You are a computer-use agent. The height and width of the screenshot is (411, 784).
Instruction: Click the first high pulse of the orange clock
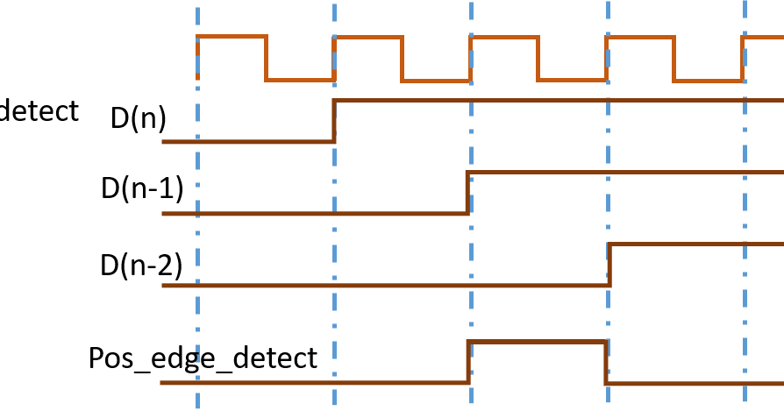click(x=232, y=37)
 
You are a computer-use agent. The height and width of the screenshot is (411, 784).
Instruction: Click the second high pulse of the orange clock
click(x=367, y=37)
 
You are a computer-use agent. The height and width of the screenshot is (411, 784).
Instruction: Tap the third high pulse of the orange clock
click(x=504, y=37)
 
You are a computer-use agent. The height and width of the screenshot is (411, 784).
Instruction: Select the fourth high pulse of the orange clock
click(x=640, y=37)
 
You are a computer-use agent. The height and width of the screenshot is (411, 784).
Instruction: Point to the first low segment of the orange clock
click(x=300, y=80)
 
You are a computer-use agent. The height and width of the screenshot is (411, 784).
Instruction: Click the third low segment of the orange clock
click(x=572, y=80)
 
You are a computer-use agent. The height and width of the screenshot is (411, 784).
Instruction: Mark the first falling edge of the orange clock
click(x=266, y=59)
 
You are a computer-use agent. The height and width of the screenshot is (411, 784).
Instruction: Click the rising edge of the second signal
click(x=334, y=121)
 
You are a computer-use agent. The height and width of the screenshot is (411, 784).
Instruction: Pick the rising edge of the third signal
click(x=467, y=193)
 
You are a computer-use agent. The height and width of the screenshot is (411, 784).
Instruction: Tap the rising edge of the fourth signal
click(x=609, y=265)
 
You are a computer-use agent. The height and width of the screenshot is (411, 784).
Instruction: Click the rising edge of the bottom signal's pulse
click(x=468, y=362)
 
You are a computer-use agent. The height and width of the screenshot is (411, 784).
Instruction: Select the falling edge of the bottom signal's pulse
click(x=605, y=362)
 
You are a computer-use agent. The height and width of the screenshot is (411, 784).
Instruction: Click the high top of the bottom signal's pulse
click(x=536, y=342)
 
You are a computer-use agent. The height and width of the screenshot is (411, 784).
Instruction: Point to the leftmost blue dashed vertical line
click(x=197, y=219)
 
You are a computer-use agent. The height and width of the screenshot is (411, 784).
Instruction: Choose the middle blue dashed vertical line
click(x=471, y=263)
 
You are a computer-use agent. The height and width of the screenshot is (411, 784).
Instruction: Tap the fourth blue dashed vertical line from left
click(x=608, y=175)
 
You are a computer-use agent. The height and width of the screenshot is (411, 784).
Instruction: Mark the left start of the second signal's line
click(x=164, y=141)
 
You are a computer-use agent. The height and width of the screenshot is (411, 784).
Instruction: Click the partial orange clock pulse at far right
click(x=763, y=38)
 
